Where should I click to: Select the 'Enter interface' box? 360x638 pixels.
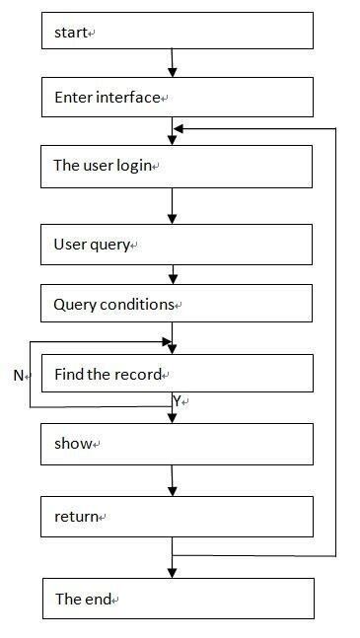[x=178, y=98]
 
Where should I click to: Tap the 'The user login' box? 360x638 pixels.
[x=178, y=166]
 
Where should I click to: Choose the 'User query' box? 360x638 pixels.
[x=178, y=245]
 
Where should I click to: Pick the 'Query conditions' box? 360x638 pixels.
[x=178, y=304]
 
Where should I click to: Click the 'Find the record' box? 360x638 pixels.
[x=178, y=374]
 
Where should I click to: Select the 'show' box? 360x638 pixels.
[x=178, y=444]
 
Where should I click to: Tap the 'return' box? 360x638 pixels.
[x=178, y=516]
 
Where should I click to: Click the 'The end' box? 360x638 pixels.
[x=178, y=599]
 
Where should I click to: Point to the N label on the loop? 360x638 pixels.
[x=18, y=376]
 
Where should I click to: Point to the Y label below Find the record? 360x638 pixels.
[x=177, y=401]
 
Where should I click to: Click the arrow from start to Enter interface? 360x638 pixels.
[x=173, y=64]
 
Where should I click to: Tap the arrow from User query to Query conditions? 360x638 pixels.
[x=173, y=274]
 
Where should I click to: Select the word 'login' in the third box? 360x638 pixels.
[x=133, y=166]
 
